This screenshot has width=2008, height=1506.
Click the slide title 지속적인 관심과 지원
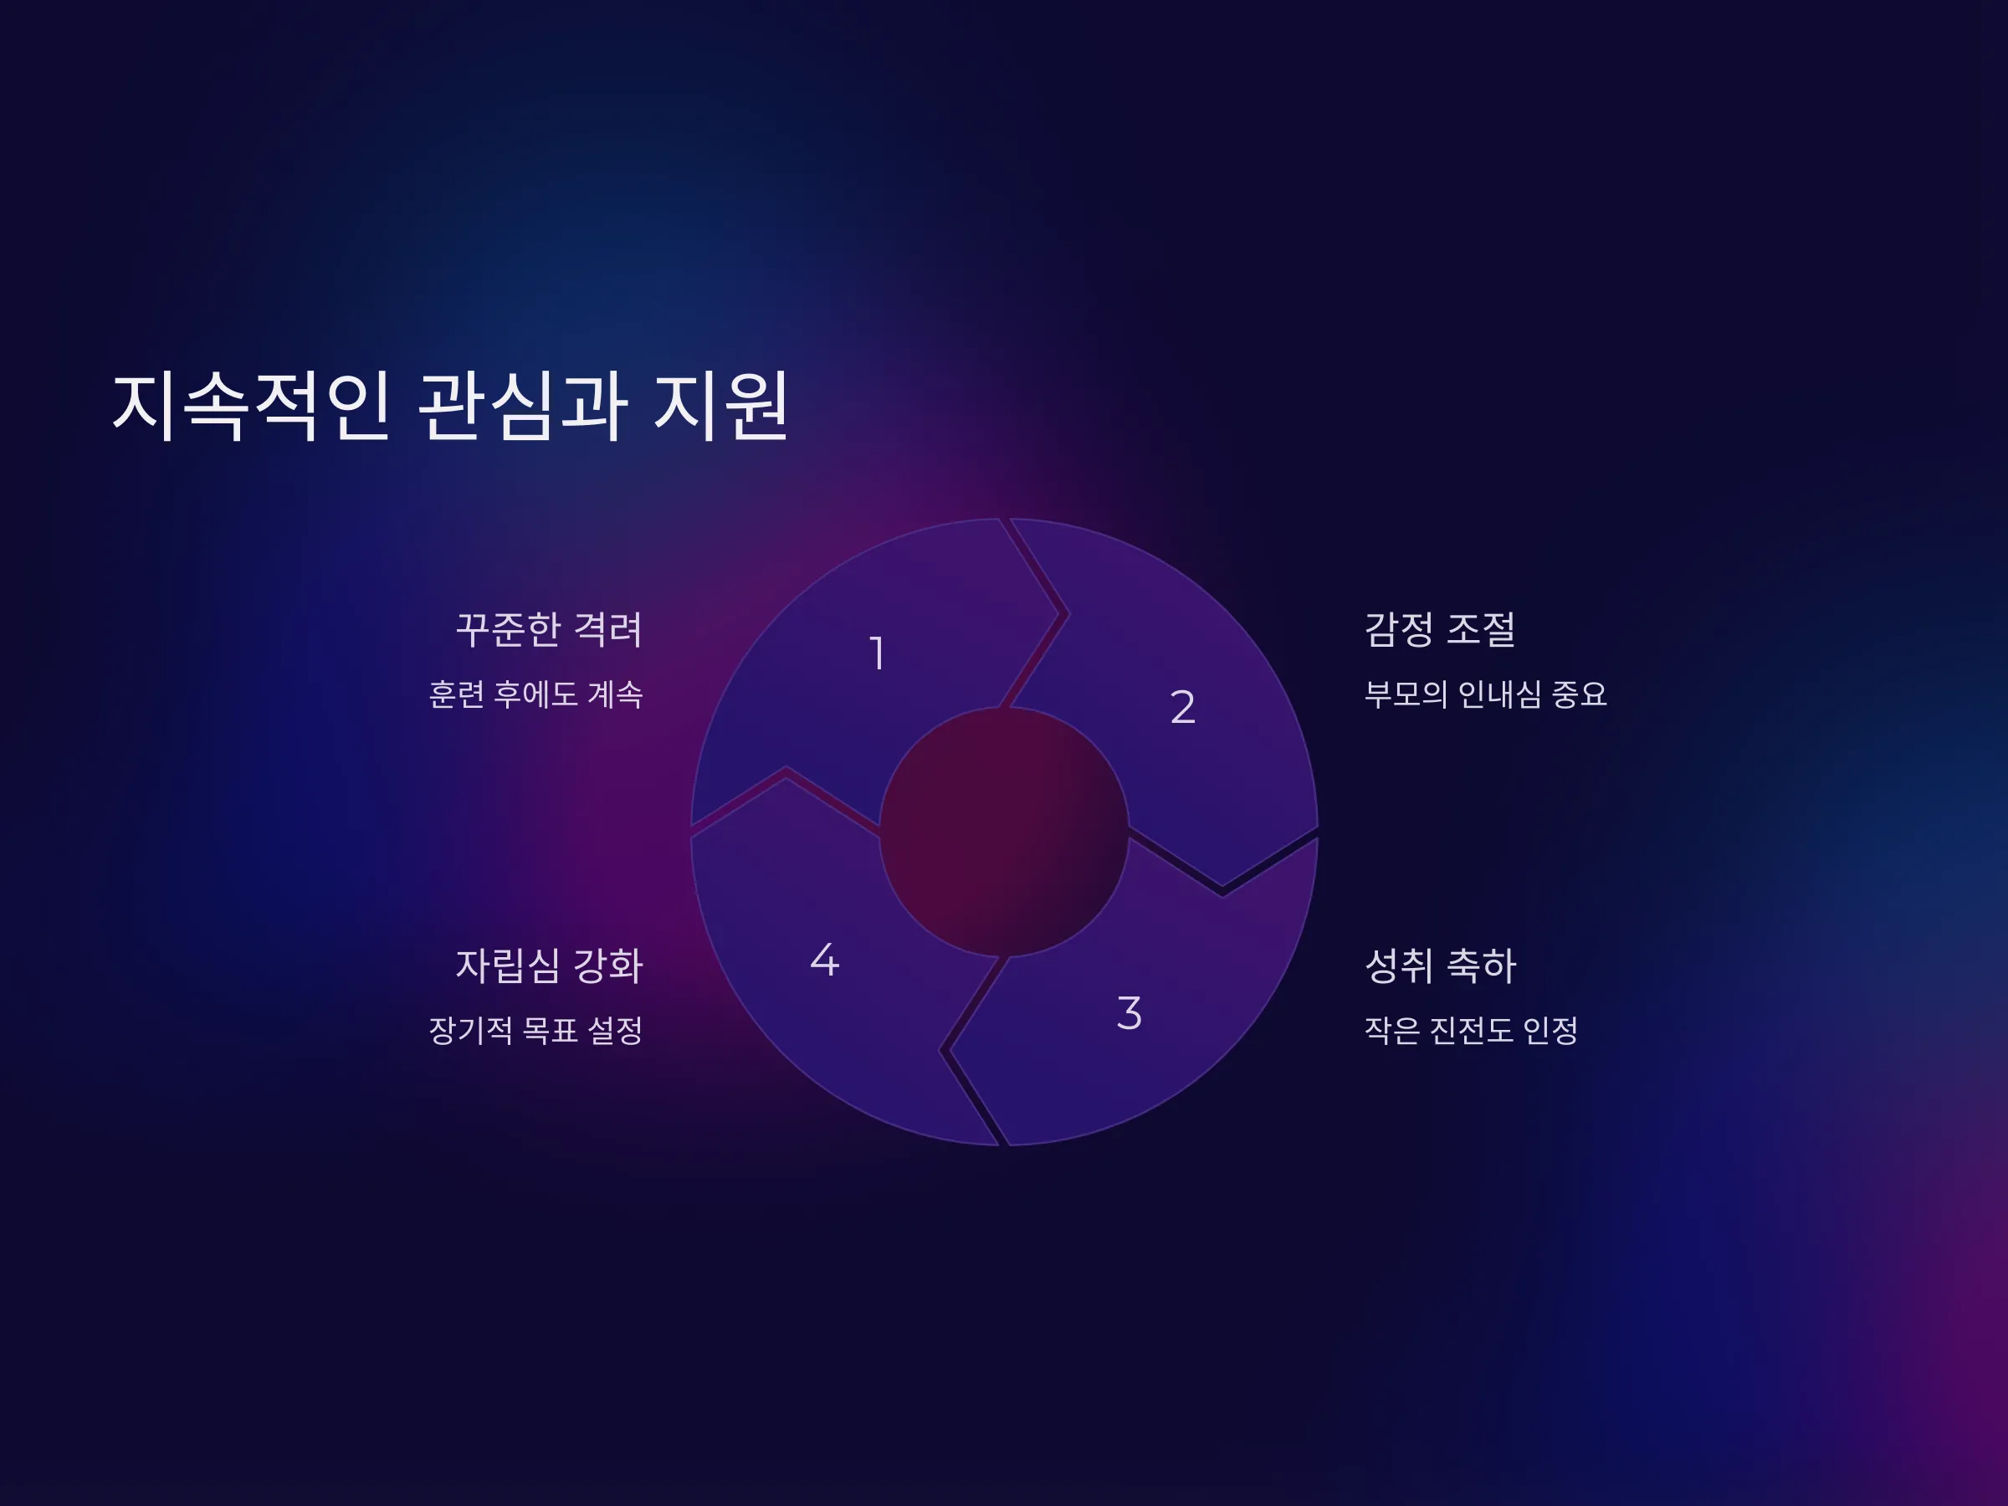click(x=450, y=406)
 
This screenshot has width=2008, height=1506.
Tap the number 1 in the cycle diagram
click(x=877, y=653)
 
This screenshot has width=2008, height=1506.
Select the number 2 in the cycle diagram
click(x=1182, y=706)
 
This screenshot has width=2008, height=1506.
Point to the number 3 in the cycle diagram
click(x=1129, y=1013)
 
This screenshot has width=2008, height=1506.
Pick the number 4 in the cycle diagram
click(x=824, y=960)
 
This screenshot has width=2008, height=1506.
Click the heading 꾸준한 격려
click(x=548, y=629)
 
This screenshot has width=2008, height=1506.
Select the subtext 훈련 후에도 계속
click(x=535, y=694)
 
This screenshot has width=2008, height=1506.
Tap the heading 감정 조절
click(x=1440, y=629)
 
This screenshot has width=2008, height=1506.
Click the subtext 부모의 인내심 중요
click(x=1485, y=694)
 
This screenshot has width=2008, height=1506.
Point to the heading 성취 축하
click(x=1441, y=965)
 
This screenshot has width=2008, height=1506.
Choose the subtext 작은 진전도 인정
click(x=1471, y=1030)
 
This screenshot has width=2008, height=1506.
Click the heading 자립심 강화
click(x=548, y=965)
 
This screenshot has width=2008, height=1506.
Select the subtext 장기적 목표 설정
click(x=535, y=1030)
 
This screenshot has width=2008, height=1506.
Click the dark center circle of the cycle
click(x=1004, y=832)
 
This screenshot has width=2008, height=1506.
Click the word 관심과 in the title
click(x=522, y=406)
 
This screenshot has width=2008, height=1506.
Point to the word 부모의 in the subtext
click(x=1406, y=694)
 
